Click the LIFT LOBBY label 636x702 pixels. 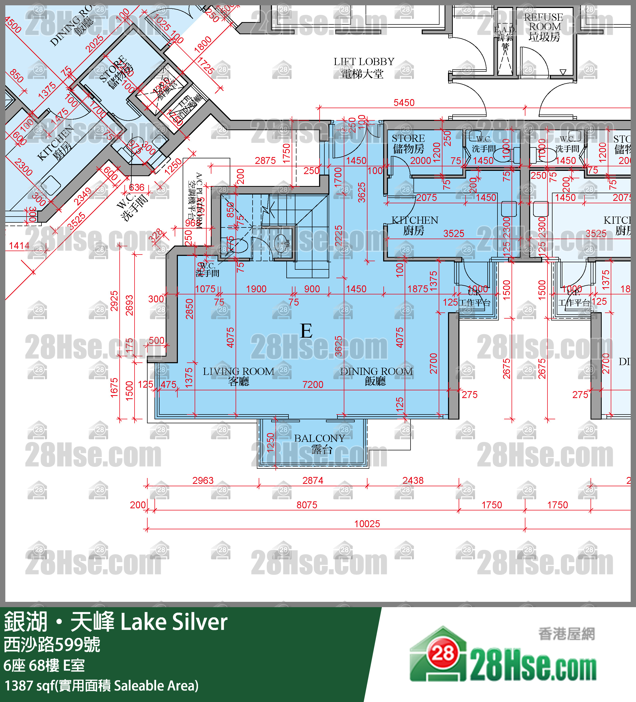pyautogui.click(x=363, y=67)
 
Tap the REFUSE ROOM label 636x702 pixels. pyautogui.click(x=544, y=27)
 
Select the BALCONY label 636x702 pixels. pyautogui.click(x=320, y=443)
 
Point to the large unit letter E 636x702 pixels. pyautogui.click(x=306, y=331)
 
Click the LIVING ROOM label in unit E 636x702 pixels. pyautogui.click(x=238, y=376)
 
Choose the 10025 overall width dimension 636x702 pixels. pyautogui.click(x=367, y=524)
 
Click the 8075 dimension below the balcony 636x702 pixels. pyautogui.click(x=307, y=505)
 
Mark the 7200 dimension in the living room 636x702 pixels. pyautogui.click(x=313, y=384)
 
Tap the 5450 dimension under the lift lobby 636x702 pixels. pyautogui.click(x=404, y=103)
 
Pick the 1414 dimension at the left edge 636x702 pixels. pyautogui.click(x=19, y=246)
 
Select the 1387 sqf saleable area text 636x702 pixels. pyautogui.click(x=101, y=686)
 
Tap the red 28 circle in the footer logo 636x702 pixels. pyautogui.click(x=443, y=654)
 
